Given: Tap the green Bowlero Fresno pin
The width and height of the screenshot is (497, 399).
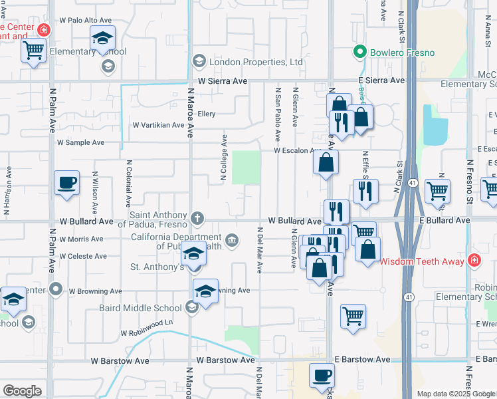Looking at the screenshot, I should point(360,52).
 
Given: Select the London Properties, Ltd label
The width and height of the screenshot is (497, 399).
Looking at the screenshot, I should point(256,63).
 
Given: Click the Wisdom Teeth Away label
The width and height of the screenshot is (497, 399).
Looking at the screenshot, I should point(422,261).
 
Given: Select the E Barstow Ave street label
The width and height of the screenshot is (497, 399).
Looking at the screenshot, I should point(363,359).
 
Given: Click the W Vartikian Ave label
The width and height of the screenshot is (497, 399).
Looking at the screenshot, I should point(158,125).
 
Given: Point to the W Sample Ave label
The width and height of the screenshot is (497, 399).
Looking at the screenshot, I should point(80,142).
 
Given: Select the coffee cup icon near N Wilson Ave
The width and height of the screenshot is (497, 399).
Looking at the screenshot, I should point(67,182).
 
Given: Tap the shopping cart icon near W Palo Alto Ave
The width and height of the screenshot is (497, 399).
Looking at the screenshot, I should point(33,50).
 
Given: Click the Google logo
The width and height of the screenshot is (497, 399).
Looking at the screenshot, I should point(22,391).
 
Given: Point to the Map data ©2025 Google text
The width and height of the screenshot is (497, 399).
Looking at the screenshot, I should point(456,394).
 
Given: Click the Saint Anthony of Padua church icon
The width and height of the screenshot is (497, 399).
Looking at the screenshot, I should point(197,217).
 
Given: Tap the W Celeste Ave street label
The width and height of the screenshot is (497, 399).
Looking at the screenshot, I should point(83,256).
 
